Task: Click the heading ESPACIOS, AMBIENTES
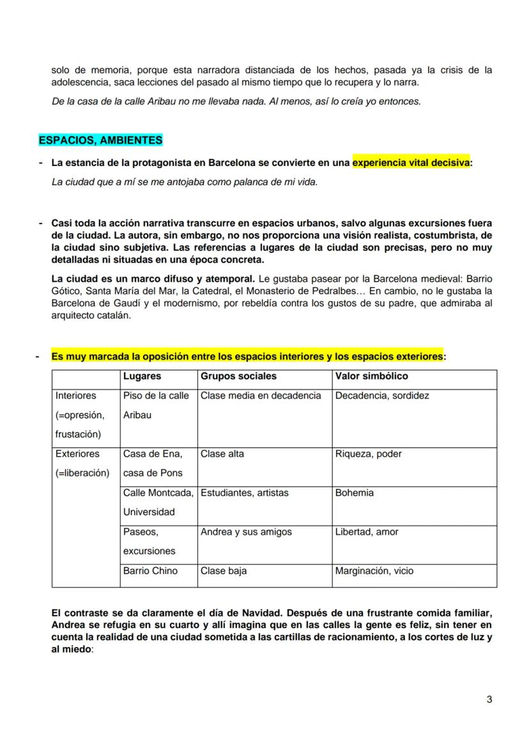pyautogui.click(x=100, y=140)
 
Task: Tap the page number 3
pyautogui.click(x=489, y=699)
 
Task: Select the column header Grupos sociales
pyautogui.click(x=238, y=376)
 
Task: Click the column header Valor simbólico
pyautogui.click(x=371, y=376)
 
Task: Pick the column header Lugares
pyautogui.click(x=142, y=376)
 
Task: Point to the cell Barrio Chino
pyautogui.click(x=150, y=570)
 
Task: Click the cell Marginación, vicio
pyautogui.click(x=374, y=570)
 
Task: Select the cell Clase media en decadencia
pyautogui.click(x=261, y=395)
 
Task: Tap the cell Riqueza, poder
pyautogui.click(x=368, y=454)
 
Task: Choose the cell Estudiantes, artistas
pyautogui.click(x=245, y=492)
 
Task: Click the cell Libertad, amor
pyautogui.click(x=367, y=531)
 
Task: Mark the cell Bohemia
pyautogui.click(x=355, y=492)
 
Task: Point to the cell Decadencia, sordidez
pyautogui.click(x=382, y=395)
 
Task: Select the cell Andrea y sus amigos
pyautogui.click(x=246, y=531)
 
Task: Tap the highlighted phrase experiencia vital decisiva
pyautogui.click(x=411, y=163)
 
